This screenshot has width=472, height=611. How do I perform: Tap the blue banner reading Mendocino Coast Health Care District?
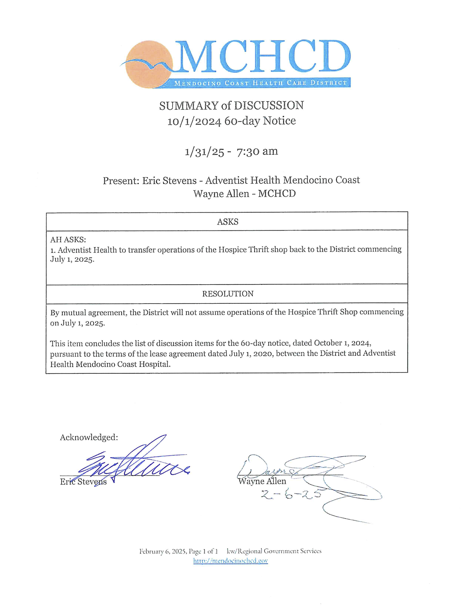click(260, 83)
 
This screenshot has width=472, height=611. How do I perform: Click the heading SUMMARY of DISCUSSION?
click(231, 106)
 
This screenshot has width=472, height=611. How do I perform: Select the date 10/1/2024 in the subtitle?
click(194, 121)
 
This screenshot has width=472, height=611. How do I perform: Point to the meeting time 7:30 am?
click(257, 151)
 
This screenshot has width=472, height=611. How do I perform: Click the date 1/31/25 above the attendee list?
click(204, 152)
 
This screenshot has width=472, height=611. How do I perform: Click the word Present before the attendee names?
click(121, 181)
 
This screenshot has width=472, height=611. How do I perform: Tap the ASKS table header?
click(228, 221)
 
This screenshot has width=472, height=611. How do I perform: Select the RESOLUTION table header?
click(228, 294)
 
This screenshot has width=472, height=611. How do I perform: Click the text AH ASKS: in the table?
click(68, 240)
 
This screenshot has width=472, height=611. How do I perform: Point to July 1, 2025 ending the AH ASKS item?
click(72, 259)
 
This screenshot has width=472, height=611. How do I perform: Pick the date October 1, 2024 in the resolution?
click(342, 343)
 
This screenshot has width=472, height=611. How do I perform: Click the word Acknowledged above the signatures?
click(89, 437)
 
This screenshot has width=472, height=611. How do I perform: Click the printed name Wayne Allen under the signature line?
click(262, 481)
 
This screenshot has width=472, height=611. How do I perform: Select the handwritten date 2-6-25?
click(291, 494)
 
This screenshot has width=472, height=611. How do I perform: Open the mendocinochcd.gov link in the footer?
click(230, 561)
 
